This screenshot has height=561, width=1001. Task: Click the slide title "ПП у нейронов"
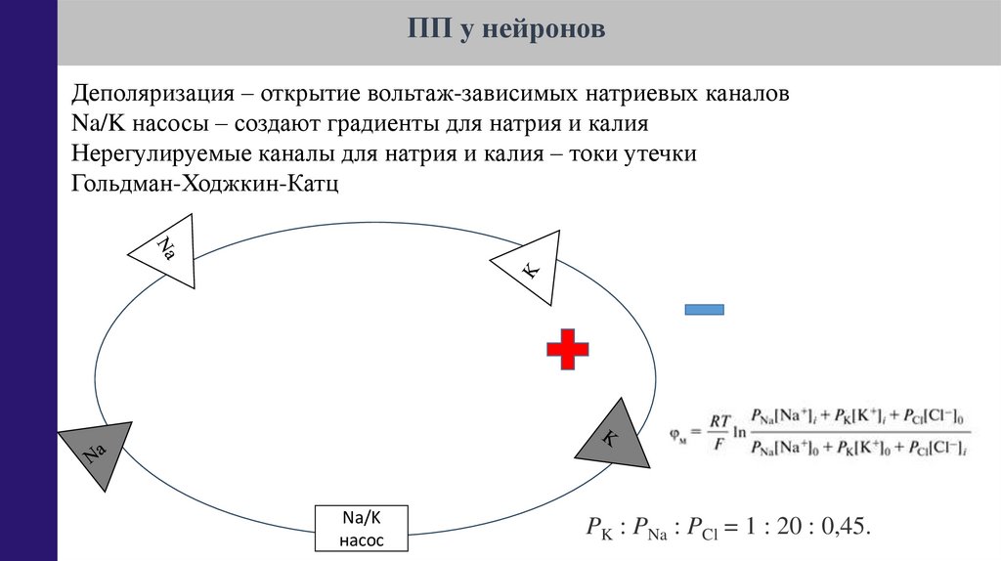point(506,31)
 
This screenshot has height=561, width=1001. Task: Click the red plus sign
point(567,349)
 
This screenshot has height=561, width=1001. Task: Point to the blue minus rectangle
point(704,310)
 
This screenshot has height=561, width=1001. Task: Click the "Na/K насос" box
point(362,530)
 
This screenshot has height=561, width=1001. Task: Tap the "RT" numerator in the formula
point(719,421)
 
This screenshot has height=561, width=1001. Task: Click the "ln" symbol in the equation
point(740,430)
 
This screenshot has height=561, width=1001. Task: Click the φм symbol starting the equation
point(678,431)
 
